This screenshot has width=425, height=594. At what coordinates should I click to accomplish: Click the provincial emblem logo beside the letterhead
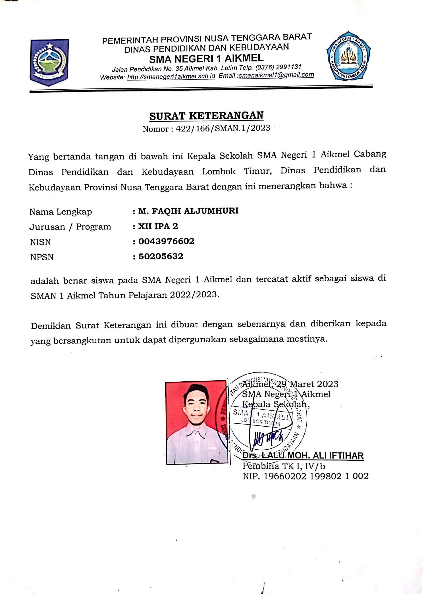click(49, 62)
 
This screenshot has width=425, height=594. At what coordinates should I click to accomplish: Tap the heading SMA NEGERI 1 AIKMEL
click(206, 59)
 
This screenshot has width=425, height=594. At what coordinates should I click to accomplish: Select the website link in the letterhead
click(171, 77)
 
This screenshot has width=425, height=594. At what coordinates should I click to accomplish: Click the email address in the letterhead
click(276, 75)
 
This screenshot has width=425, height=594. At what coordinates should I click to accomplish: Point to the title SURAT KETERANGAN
click(206, 116)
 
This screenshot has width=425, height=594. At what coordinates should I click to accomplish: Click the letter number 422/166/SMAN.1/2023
click(223, 128)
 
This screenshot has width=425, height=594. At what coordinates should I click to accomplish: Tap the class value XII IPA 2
click(158, 226)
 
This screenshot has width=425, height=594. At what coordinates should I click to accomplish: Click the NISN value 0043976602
click(166, 241)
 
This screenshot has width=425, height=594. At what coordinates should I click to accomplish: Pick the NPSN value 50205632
click(161, 256)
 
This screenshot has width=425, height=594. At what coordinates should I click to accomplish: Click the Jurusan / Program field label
click(70, 227)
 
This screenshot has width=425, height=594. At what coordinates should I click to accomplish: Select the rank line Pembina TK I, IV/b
click(284, 466)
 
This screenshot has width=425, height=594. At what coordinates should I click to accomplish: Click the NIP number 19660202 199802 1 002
click(316, 476)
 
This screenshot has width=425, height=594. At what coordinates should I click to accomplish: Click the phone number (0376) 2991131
click(278, 67)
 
